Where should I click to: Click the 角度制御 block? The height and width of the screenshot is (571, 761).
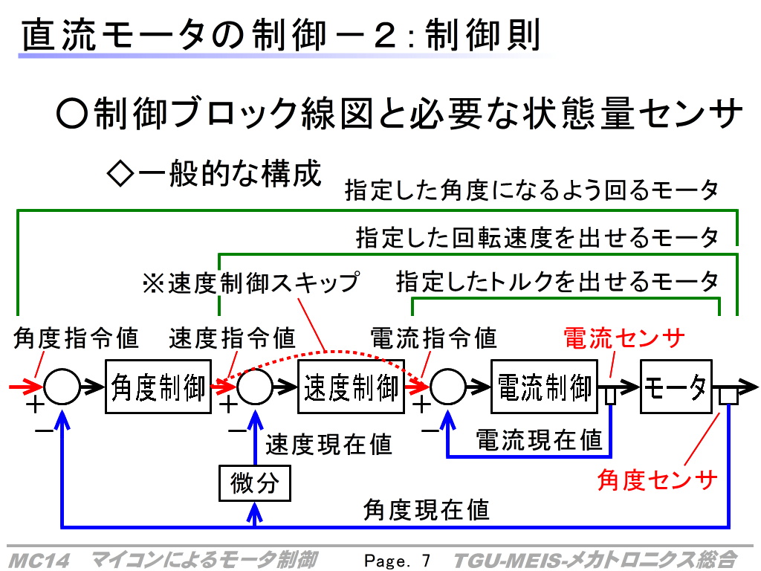[158, 387]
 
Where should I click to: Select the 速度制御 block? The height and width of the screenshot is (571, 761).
[351, 387]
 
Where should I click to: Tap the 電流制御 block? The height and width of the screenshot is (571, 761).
[544, 387]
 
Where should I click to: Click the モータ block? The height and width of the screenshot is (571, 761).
[676, 387]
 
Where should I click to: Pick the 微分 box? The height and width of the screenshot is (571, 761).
[255, 483]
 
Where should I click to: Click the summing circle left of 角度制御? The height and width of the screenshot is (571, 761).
[62, 387]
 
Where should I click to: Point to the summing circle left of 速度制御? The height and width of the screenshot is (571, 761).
[254, 387]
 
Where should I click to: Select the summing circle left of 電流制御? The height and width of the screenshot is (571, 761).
[447, 387]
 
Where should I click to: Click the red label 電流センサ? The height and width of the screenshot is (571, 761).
[624, 338]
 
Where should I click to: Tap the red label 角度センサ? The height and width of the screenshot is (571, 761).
[657, 480]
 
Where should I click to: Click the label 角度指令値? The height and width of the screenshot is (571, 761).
[76, 338]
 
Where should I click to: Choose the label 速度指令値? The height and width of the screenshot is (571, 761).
[232, 338]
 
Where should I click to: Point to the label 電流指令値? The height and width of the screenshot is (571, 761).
[433, 338]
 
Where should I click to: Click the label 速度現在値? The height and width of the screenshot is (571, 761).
[328, 445]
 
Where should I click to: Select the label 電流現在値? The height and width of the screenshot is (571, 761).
[539, 440]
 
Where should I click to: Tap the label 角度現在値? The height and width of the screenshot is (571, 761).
[426, 510]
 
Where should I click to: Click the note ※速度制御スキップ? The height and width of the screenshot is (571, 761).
[251, 283]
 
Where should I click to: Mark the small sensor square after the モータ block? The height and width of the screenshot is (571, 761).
[728, 396]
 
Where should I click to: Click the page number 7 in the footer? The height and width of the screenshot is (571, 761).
[426, 561]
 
